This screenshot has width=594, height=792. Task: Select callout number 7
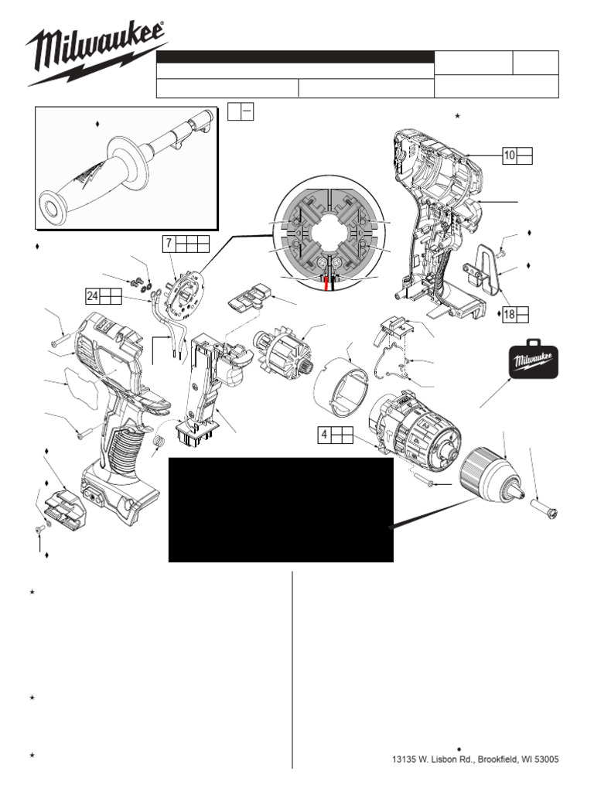(168, 244)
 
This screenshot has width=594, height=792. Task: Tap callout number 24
(93, 295)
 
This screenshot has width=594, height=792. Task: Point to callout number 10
(510, 155)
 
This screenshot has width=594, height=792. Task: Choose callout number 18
(509, 314)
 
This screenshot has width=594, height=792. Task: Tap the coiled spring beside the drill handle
(159, 442)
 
